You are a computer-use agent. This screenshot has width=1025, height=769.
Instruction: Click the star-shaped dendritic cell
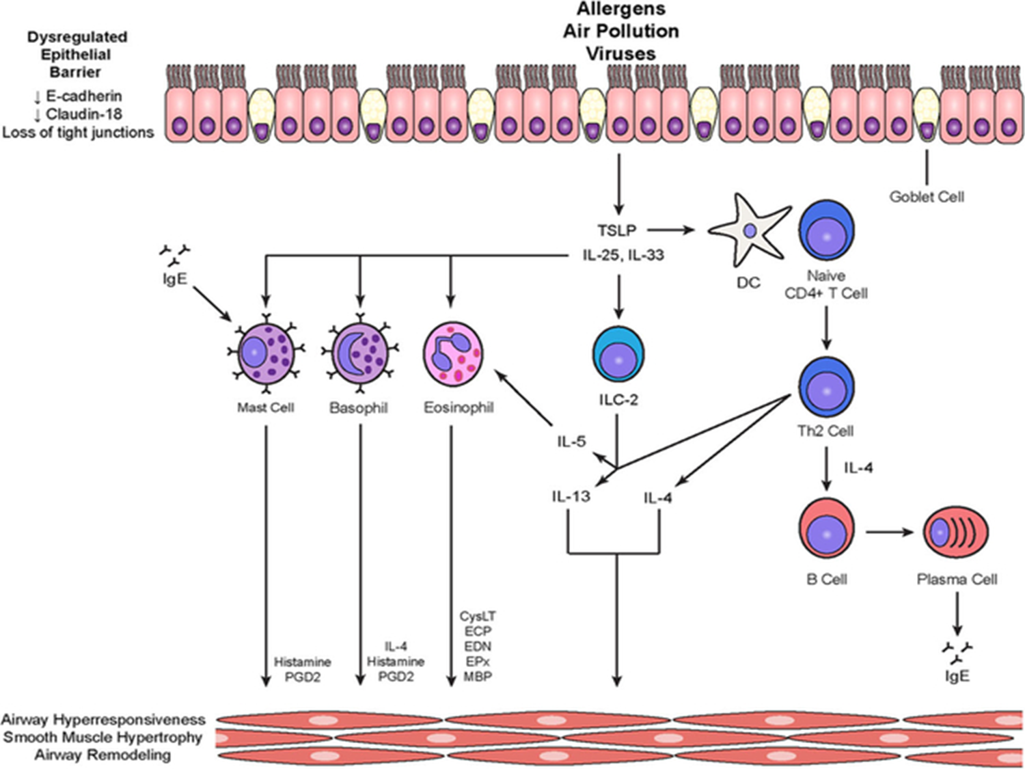748,231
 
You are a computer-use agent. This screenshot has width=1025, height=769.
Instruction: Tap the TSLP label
616,231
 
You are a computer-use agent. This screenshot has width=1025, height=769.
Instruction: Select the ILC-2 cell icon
618,355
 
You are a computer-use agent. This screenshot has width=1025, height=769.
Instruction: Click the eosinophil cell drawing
452,353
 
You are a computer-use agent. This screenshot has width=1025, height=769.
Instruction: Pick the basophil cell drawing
359,353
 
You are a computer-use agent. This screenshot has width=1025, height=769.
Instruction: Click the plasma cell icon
955,531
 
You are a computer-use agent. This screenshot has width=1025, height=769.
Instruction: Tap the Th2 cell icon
827,388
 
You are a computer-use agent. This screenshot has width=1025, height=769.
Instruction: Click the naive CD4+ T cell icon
827,231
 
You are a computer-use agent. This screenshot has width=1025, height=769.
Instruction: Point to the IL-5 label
571,442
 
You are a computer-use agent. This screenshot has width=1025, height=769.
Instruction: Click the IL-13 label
571,496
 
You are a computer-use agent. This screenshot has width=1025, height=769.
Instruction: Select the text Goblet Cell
927,197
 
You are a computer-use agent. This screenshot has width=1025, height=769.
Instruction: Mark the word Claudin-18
83,114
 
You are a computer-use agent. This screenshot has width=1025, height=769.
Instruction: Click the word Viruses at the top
620,53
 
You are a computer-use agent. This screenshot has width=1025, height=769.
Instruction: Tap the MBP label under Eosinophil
478,677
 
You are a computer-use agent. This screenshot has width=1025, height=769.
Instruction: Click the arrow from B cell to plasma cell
889,531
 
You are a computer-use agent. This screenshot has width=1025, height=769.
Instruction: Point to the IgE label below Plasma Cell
957,676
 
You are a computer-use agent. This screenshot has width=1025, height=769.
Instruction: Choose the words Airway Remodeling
102,755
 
